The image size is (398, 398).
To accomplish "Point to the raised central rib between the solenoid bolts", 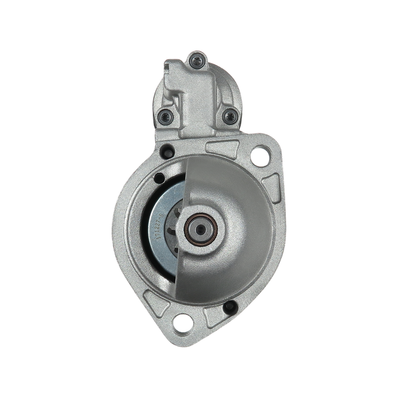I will tap(196, 99).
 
